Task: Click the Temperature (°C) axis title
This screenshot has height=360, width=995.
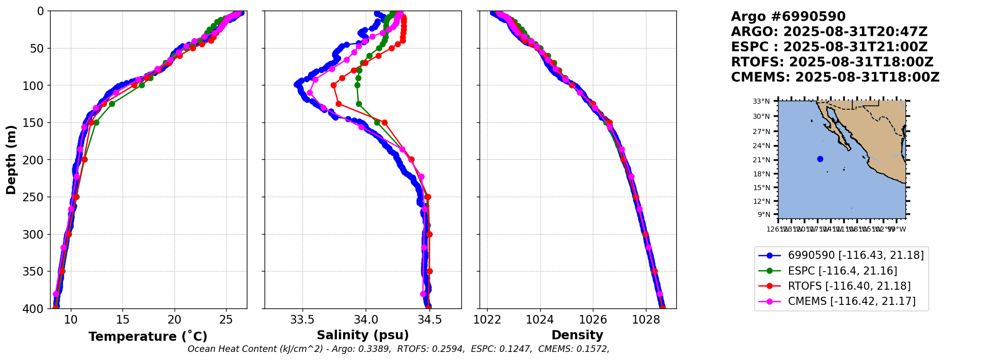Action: (148, 337)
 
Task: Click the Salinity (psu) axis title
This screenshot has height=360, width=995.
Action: (363, 335)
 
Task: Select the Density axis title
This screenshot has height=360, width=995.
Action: (577, 335)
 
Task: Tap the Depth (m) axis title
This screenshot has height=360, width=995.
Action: (11, 160)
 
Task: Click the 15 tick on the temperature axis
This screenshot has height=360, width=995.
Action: (122, 320)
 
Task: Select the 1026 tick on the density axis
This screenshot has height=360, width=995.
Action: (593, 320)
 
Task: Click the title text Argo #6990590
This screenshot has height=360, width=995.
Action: (788, 17)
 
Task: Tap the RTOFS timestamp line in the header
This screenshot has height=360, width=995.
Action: (832, 62)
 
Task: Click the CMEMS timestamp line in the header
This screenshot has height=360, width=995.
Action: (835, 77)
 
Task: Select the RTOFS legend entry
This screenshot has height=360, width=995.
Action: (849, 286)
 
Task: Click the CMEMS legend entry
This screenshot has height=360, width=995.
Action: (851, 301)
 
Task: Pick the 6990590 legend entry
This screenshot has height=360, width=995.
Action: (855, 255)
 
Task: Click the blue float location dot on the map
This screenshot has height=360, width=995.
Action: (820, 159)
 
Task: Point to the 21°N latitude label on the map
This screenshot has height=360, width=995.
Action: (761, 160)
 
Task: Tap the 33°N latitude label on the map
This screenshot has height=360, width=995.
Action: (761, 101)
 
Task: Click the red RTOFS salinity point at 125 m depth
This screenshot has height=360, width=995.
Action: (338, 104)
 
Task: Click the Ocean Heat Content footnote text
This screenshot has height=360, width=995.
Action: (398, 349)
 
